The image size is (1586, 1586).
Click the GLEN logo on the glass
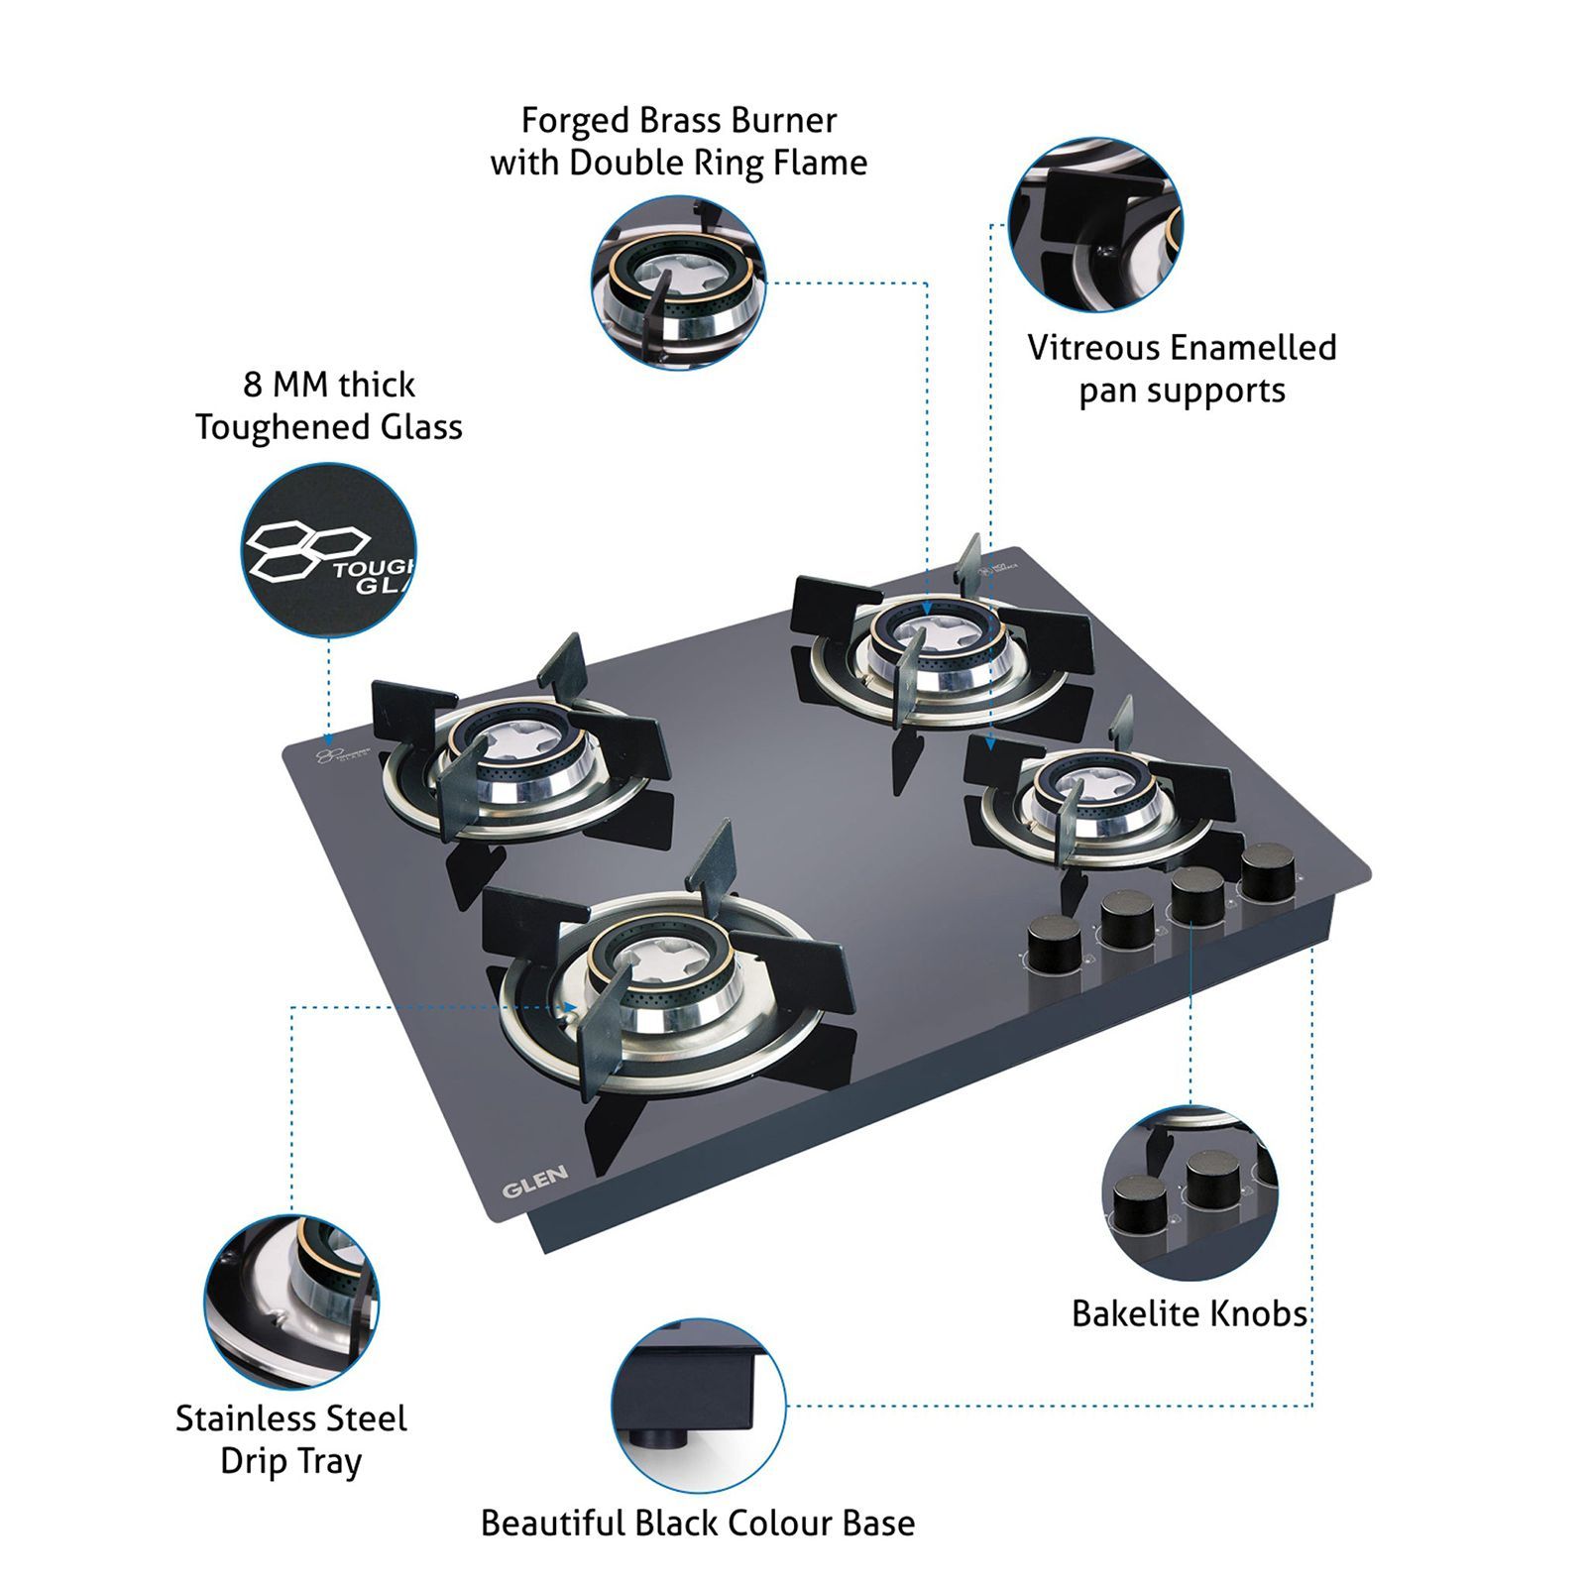point(534,1181)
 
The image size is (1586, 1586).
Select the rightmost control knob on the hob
point(1268,868)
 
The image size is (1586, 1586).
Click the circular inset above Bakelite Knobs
point(1189,1192)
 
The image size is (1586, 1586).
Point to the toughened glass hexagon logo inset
point(329,550)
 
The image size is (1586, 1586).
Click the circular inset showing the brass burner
point(679,283)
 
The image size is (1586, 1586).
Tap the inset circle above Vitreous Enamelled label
point(1095,224)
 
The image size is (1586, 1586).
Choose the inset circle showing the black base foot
point(698,1406)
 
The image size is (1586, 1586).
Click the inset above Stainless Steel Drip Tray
point(291,1302)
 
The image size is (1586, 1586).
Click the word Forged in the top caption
point(575,121)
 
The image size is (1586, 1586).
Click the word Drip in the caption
point(256,1461)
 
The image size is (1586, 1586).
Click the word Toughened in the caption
point(269,427)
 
